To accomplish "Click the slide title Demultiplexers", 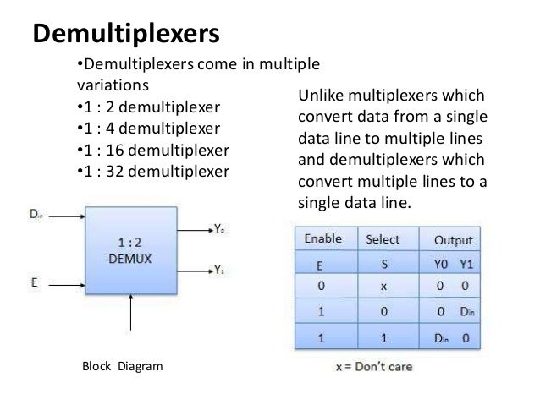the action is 125,34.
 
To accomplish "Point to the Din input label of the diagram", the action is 36,215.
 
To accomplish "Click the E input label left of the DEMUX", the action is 35,282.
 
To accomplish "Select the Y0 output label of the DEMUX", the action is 219,229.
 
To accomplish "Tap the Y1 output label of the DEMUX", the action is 219,271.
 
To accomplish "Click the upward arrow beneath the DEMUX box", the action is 132,313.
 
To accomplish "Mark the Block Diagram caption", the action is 122,367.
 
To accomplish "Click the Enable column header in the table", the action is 323,239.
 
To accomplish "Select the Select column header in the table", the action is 383,239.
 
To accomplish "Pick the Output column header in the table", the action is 453,240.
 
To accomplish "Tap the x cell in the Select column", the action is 383,287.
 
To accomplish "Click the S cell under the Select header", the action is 383,264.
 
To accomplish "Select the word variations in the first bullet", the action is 107,86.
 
